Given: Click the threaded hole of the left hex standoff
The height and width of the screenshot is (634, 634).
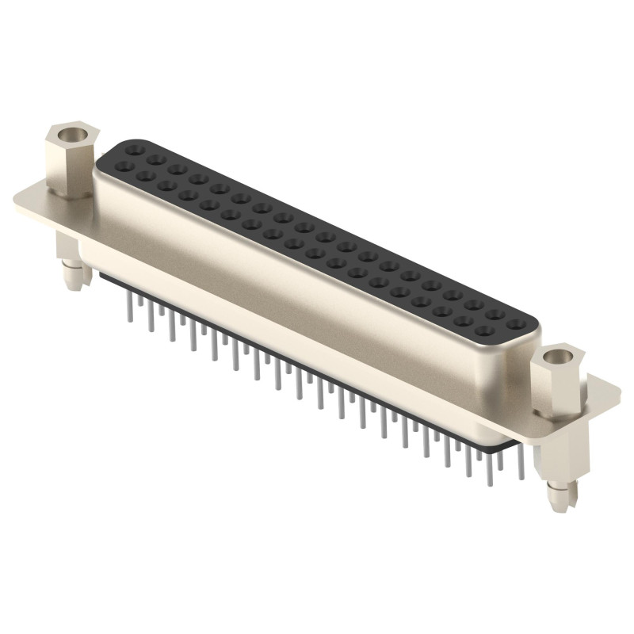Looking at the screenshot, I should pos(71,132).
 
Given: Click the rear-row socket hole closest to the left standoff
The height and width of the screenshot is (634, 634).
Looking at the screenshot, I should pos(133,148).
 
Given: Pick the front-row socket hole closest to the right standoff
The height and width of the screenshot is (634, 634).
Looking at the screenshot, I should pos(485,331).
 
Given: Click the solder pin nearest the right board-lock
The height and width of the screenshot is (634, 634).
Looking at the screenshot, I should pos(521,468).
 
